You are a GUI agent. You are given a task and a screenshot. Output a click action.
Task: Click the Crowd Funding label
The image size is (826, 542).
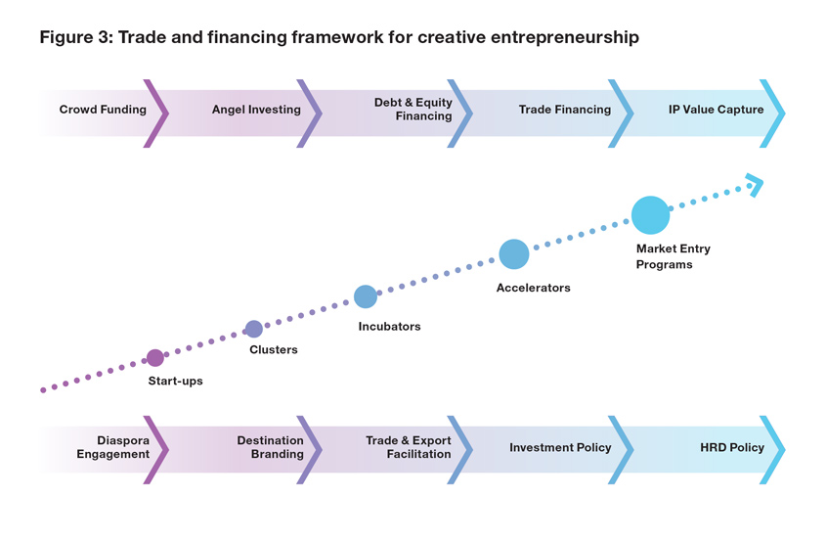pos(103,110)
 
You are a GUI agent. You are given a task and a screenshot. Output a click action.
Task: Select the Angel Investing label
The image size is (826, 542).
pos(256,110)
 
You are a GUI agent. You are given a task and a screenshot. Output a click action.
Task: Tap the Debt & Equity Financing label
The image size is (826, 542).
pos(413,110)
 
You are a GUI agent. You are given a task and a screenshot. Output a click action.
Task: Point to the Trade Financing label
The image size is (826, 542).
pos(564,110)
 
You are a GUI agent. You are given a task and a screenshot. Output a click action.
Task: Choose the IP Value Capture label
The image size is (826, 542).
pos(716,110)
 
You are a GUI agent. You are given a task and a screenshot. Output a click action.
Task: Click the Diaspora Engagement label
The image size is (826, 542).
pos(113,447)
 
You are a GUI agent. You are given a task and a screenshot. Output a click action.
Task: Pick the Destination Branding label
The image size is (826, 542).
pos(270,447)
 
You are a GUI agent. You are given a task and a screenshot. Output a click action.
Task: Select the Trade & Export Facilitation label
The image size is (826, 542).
pos(409,447)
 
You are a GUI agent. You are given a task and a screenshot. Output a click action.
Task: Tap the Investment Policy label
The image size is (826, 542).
pos(560,447)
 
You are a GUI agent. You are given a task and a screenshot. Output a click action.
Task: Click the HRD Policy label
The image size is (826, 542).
pos(732,447)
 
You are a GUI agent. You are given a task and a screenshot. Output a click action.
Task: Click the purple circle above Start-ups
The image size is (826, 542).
pos(155,358)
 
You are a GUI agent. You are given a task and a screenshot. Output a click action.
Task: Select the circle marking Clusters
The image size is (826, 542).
pos(254,329)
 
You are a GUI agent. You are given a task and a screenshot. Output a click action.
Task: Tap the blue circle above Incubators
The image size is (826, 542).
pos(365,296)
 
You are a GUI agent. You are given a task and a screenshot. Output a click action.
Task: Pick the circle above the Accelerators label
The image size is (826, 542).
pos(514,254)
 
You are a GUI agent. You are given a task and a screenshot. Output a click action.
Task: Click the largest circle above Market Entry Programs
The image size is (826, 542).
pos(651,215)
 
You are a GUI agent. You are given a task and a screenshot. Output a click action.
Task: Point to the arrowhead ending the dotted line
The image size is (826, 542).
pos(755,183)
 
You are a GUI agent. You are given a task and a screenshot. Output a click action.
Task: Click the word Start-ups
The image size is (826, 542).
pos(176,381)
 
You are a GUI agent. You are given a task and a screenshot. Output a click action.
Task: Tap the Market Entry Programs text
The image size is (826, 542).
pos(673,256)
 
